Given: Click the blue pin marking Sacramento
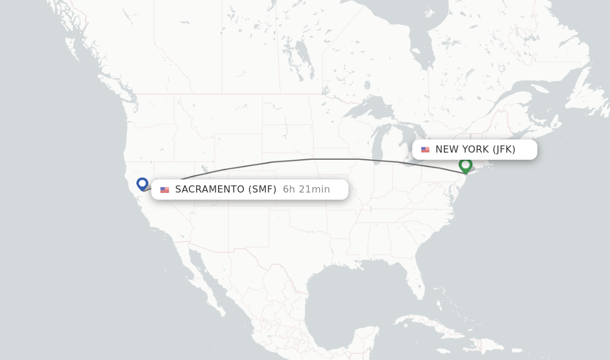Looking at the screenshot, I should coord(142,184).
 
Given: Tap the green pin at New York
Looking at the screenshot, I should coord(465,165).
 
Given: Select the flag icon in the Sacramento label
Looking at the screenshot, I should coord(164,190).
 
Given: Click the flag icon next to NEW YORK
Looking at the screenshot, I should coord(425,150).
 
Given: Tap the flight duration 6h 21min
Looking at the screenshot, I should coord(306,190).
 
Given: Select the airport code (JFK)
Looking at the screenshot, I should coord(504,150).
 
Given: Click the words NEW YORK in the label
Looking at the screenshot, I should coord(462,150).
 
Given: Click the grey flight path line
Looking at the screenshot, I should coord(316,159).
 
